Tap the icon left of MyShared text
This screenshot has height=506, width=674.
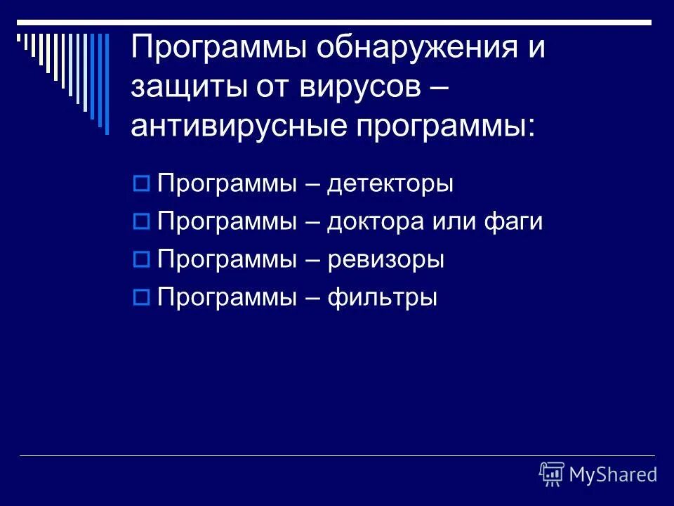click(552, 474)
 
